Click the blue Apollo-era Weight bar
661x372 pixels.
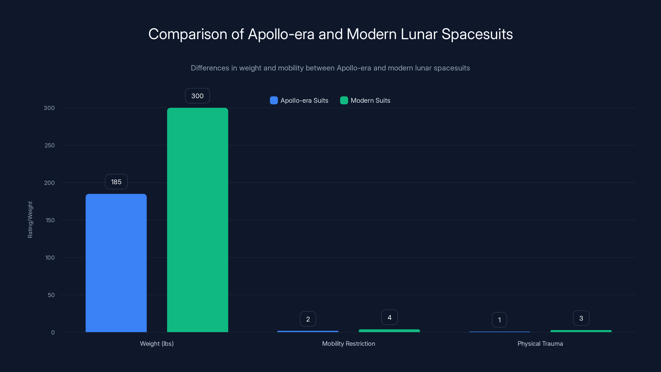(x=116, y=263)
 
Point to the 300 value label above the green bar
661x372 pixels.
(x=197, y=96)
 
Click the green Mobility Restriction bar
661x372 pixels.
(x=389, y=331)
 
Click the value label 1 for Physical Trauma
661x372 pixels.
(x=499, y=320)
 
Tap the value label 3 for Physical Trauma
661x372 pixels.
(x=581, y=318)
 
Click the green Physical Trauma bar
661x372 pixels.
(x=581, y=331)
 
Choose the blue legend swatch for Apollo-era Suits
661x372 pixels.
(x=274, y=100)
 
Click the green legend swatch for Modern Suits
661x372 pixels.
(x=344, y=100)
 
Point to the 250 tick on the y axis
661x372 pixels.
(x=50, y=145)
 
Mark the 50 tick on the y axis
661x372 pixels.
(x=51, y=295)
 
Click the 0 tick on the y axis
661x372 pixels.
(x=53, y=333)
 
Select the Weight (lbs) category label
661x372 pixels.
(x=157, y=343)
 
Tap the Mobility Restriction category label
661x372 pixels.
(x=348, y=343)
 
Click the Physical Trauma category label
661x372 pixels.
(x=540, y=343)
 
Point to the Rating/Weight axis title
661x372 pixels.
(x=30, y=220)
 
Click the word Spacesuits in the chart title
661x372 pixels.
(x=477, y=34)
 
